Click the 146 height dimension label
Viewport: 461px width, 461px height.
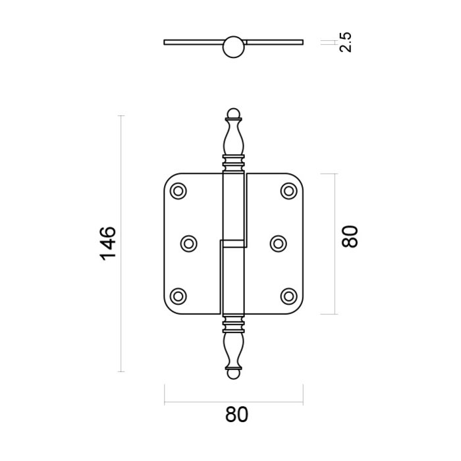(108, 243)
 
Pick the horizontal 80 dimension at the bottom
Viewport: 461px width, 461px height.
(236, 415)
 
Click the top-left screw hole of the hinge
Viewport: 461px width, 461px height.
(178, 191)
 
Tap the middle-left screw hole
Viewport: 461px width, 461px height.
(188, 243)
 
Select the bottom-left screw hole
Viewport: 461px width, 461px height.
(178, 296)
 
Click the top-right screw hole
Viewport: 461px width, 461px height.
(288, 191)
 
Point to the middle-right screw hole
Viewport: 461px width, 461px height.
(279, 243)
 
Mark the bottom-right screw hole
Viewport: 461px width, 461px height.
(288, 296)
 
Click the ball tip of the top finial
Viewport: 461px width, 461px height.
(232, 113)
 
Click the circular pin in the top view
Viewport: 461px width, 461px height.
(232, 46)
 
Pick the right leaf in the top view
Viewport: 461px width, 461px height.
(273, 42)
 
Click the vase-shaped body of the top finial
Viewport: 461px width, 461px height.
(232, 138)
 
